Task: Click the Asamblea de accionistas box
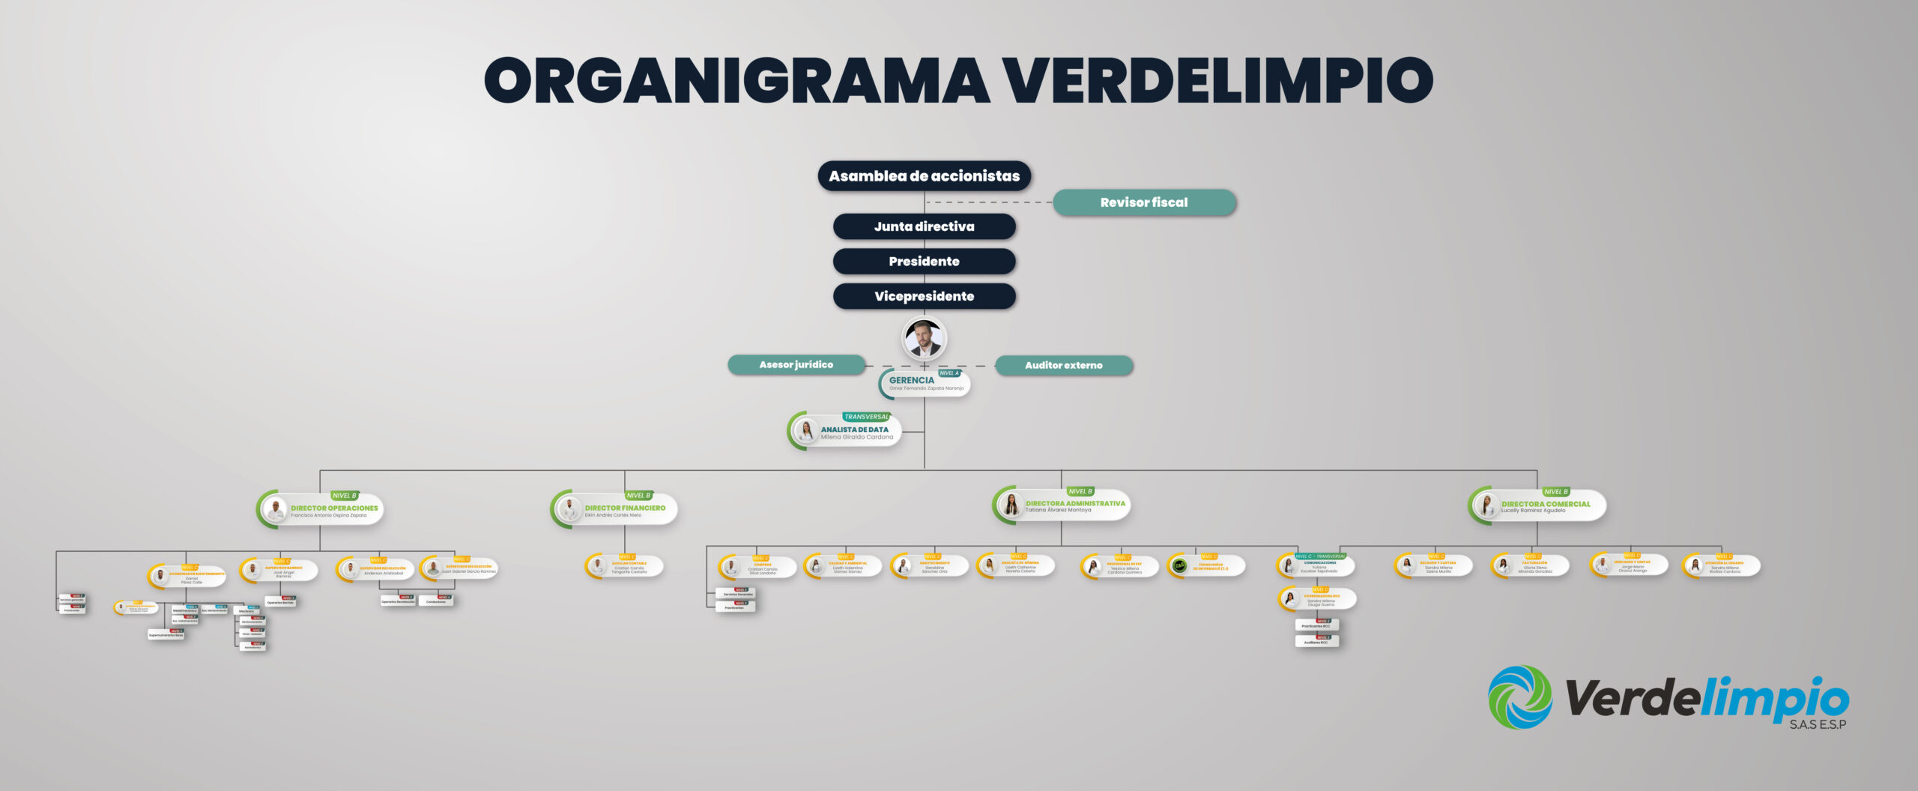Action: coord(924,176)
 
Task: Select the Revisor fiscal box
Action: coord(1143,202)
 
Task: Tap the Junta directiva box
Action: coord(924,226)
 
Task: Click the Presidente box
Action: coord(924,262)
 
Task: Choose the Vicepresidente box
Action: coord(924,296)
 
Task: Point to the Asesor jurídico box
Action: coord(796,365)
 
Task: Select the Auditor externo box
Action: coord(1063,365)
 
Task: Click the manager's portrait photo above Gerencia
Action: coord(924,339)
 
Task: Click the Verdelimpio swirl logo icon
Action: coord(1519,697)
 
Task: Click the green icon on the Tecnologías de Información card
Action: coord(1179,567)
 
